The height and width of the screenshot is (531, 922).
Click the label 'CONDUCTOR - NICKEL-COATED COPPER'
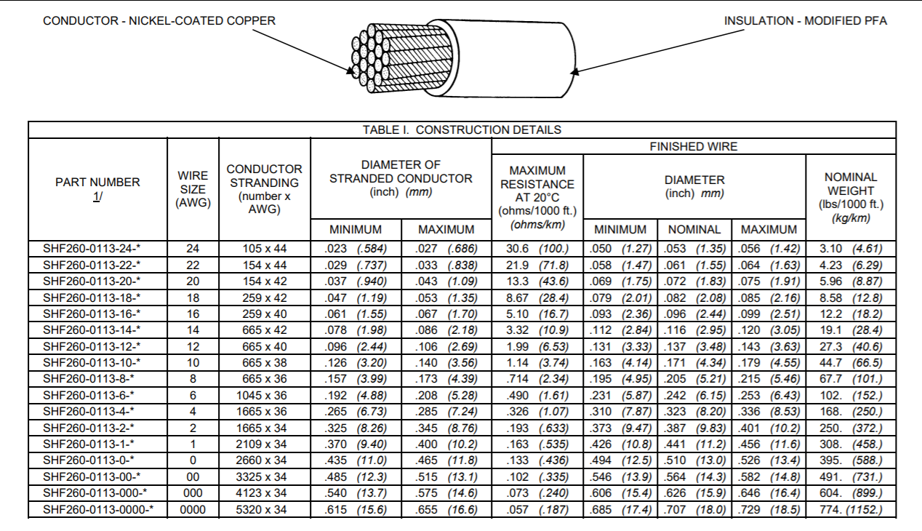pos(159,20)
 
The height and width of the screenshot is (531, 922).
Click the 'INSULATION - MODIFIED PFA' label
pos(805,20)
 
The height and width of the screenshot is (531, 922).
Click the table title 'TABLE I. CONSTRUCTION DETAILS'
pos(462,129)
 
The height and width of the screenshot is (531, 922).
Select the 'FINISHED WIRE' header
pos(693,146)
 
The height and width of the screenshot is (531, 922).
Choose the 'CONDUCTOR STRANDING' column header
pos(264,189)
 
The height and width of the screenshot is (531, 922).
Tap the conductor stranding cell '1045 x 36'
pos(265,396)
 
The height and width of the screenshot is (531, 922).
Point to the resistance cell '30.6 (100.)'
pos(537,249)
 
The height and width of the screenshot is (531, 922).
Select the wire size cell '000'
pos(193,493)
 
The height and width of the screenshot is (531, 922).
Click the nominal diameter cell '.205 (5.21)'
pos(694,379)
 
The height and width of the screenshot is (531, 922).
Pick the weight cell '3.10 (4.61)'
pos(851,249)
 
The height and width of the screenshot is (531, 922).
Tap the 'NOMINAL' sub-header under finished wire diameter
pos(694,229)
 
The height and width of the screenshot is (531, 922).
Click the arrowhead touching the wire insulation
pos(574,71)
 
